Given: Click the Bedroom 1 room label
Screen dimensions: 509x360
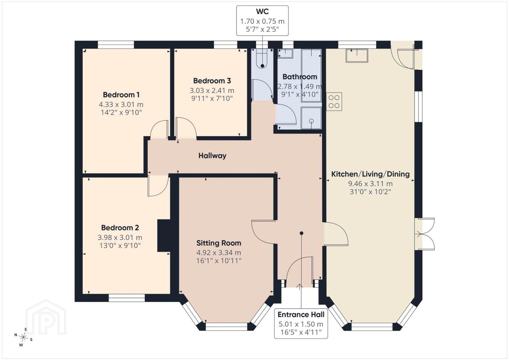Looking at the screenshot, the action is (121, 95).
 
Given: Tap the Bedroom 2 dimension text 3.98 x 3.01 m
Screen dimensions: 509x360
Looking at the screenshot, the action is (120, 238).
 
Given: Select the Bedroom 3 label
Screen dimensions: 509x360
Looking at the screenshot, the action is (212, 81).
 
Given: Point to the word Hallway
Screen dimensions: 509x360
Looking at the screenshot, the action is (212, 156).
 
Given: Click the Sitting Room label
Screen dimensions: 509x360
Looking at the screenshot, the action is (218, 243).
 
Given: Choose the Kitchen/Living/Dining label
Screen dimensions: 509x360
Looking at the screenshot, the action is (370, 174).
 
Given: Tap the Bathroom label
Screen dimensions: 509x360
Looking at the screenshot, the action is (300, 77).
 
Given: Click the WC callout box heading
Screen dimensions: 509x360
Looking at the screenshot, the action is (263, 11).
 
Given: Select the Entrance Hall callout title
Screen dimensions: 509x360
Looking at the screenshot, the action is (301, 315).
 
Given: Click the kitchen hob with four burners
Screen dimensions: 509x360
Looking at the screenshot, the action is (334, 102).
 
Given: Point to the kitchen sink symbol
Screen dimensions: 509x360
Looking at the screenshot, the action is (357, 56).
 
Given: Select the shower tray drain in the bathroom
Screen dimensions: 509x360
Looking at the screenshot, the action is (311, 121).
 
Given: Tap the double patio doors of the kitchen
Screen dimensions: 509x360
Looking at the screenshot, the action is (425, 234).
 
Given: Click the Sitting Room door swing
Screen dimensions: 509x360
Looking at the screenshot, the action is (264, 232).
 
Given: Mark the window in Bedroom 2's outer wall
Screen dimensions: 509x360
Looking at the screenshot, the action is (126, 298).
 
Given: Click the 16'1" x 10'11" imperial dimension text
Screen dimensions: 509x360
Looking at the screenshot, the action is (218, 261).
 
